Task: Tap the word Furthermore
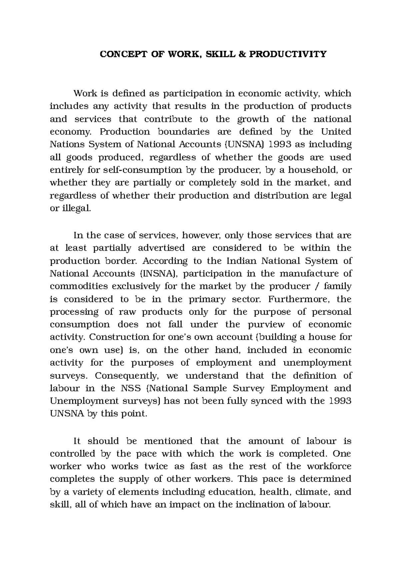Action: click(x=299, y=299)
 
